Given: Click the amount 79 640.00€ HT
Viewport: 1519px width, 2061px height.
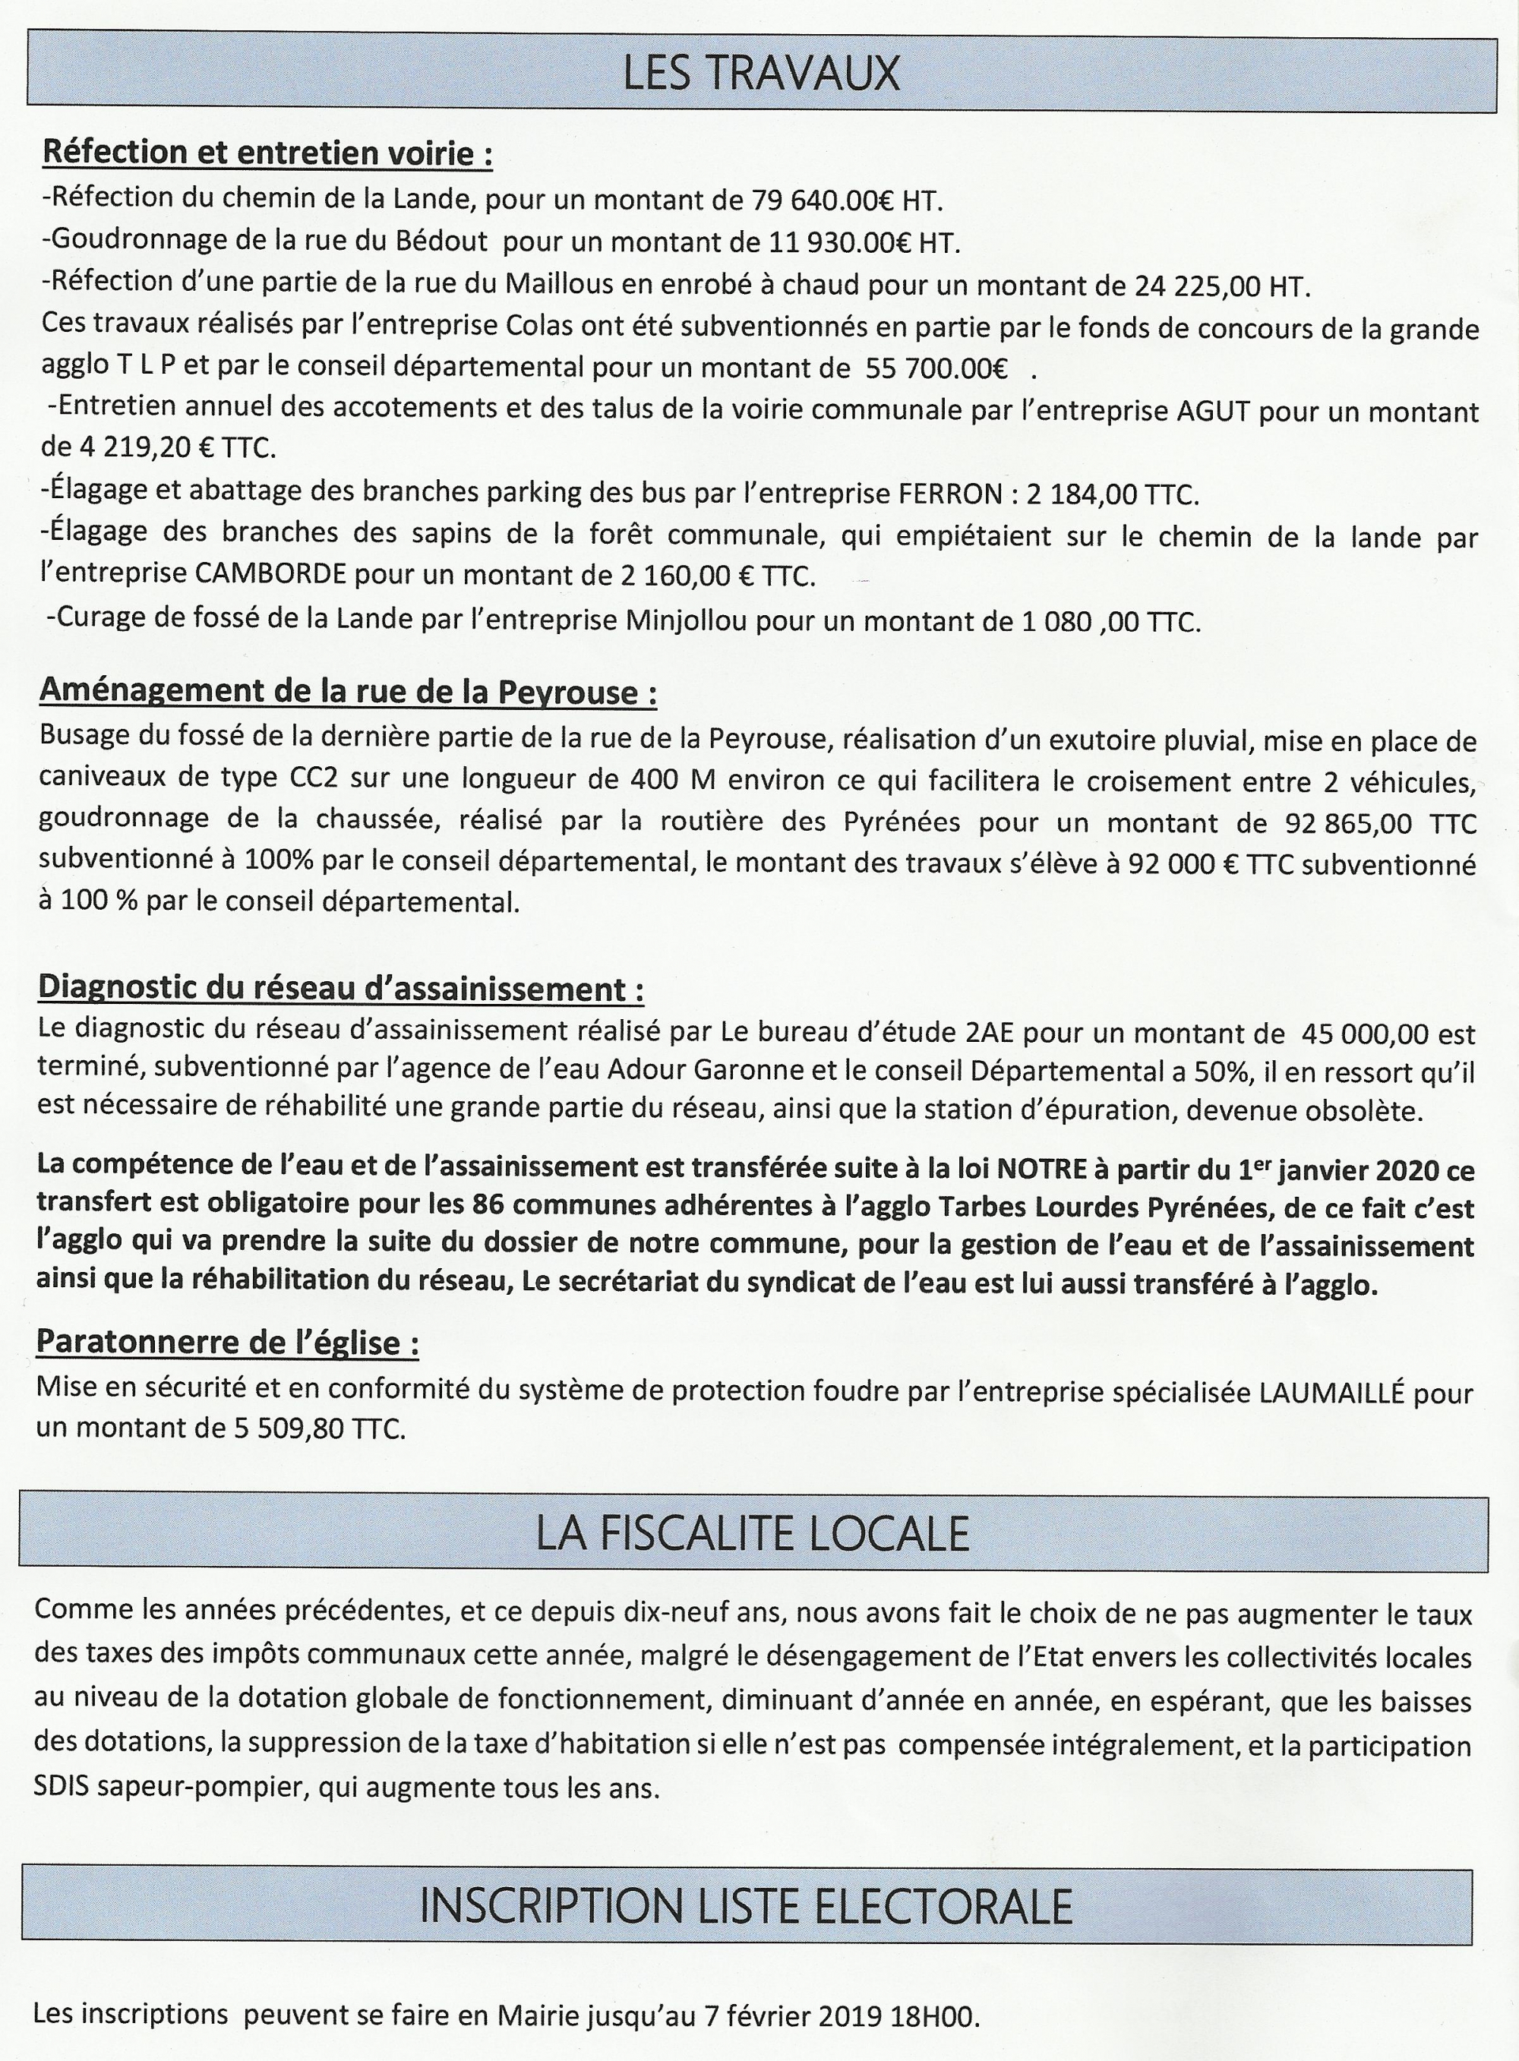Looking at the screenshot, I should coord(847,200).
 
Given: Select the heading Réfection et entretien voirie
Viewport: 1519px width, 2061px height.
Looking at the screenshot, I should coord(267,153).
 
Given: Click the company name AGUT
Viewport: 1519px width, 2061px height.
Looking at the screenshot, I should coord(1214,411).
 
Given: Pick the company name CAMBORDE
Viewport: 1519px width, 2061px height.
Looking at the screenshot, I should coord(271,575).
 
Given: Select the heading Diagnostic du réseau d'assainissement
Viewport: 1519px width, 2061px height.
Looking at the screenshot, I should coord(339,989).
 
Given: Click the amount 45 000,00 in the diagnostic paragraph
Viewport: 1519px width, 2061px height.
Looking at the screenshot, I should coord(1365,1034).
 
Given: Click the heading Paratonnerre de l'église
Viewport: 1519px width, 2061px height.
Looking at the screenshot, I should coord(227,1343).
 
